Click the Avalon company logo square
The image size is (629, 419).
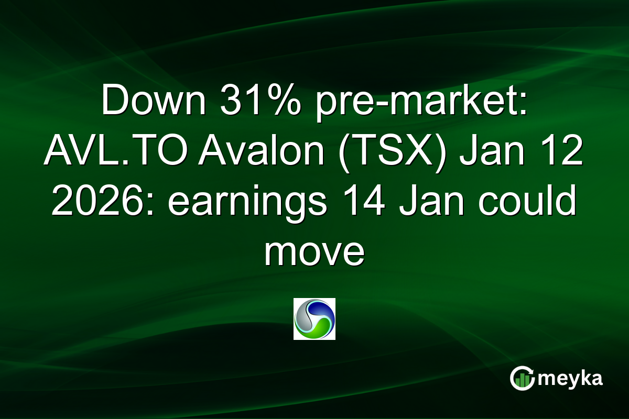click(314, 319)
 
